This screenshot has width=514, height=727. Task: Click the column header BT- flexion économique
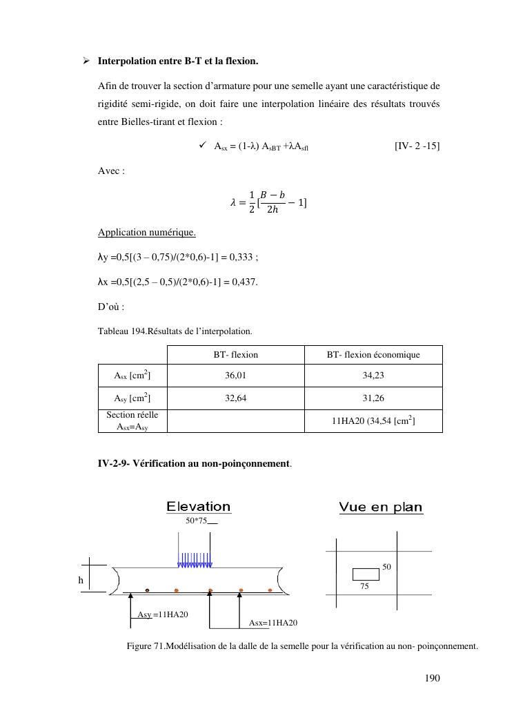coord(373,355)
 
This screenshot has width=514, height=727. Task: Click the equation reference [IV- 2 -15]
coord(417,146)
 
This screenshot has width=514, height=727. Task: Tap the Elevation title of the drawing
coord(199,507)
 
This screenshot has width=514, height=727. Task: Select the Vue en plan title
coord(381,507)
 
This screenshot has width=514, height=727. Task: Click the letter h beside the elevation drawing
coord(81,581)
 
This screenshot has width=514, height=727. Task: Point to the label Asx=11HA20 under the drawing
coord(273,623)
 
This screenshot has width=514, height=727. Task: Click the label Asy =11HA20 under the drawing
coord(163,614)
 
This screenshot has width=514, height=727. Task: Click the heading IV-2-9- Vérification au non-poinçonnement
coord(194,464)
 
